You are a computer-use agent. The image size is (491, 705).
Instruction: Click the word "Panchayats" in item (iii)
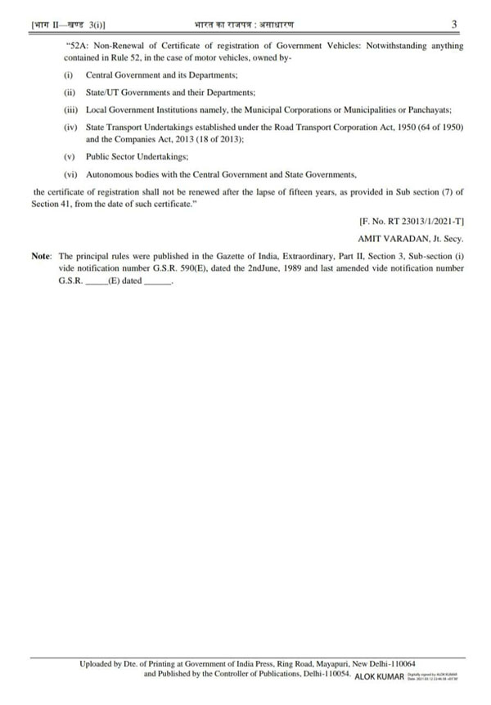(439, 110)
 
